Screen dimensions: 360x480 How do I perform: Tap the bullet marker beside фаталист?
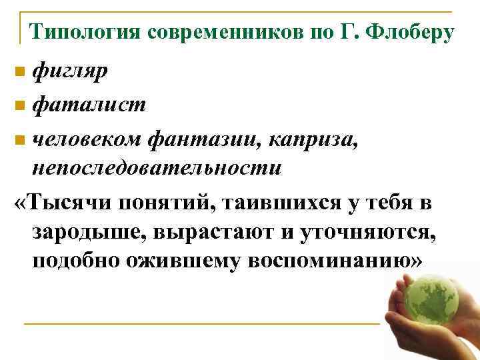[21, 105]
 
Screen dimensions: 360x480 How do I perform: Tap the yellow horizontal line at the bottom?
[200, 324]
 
